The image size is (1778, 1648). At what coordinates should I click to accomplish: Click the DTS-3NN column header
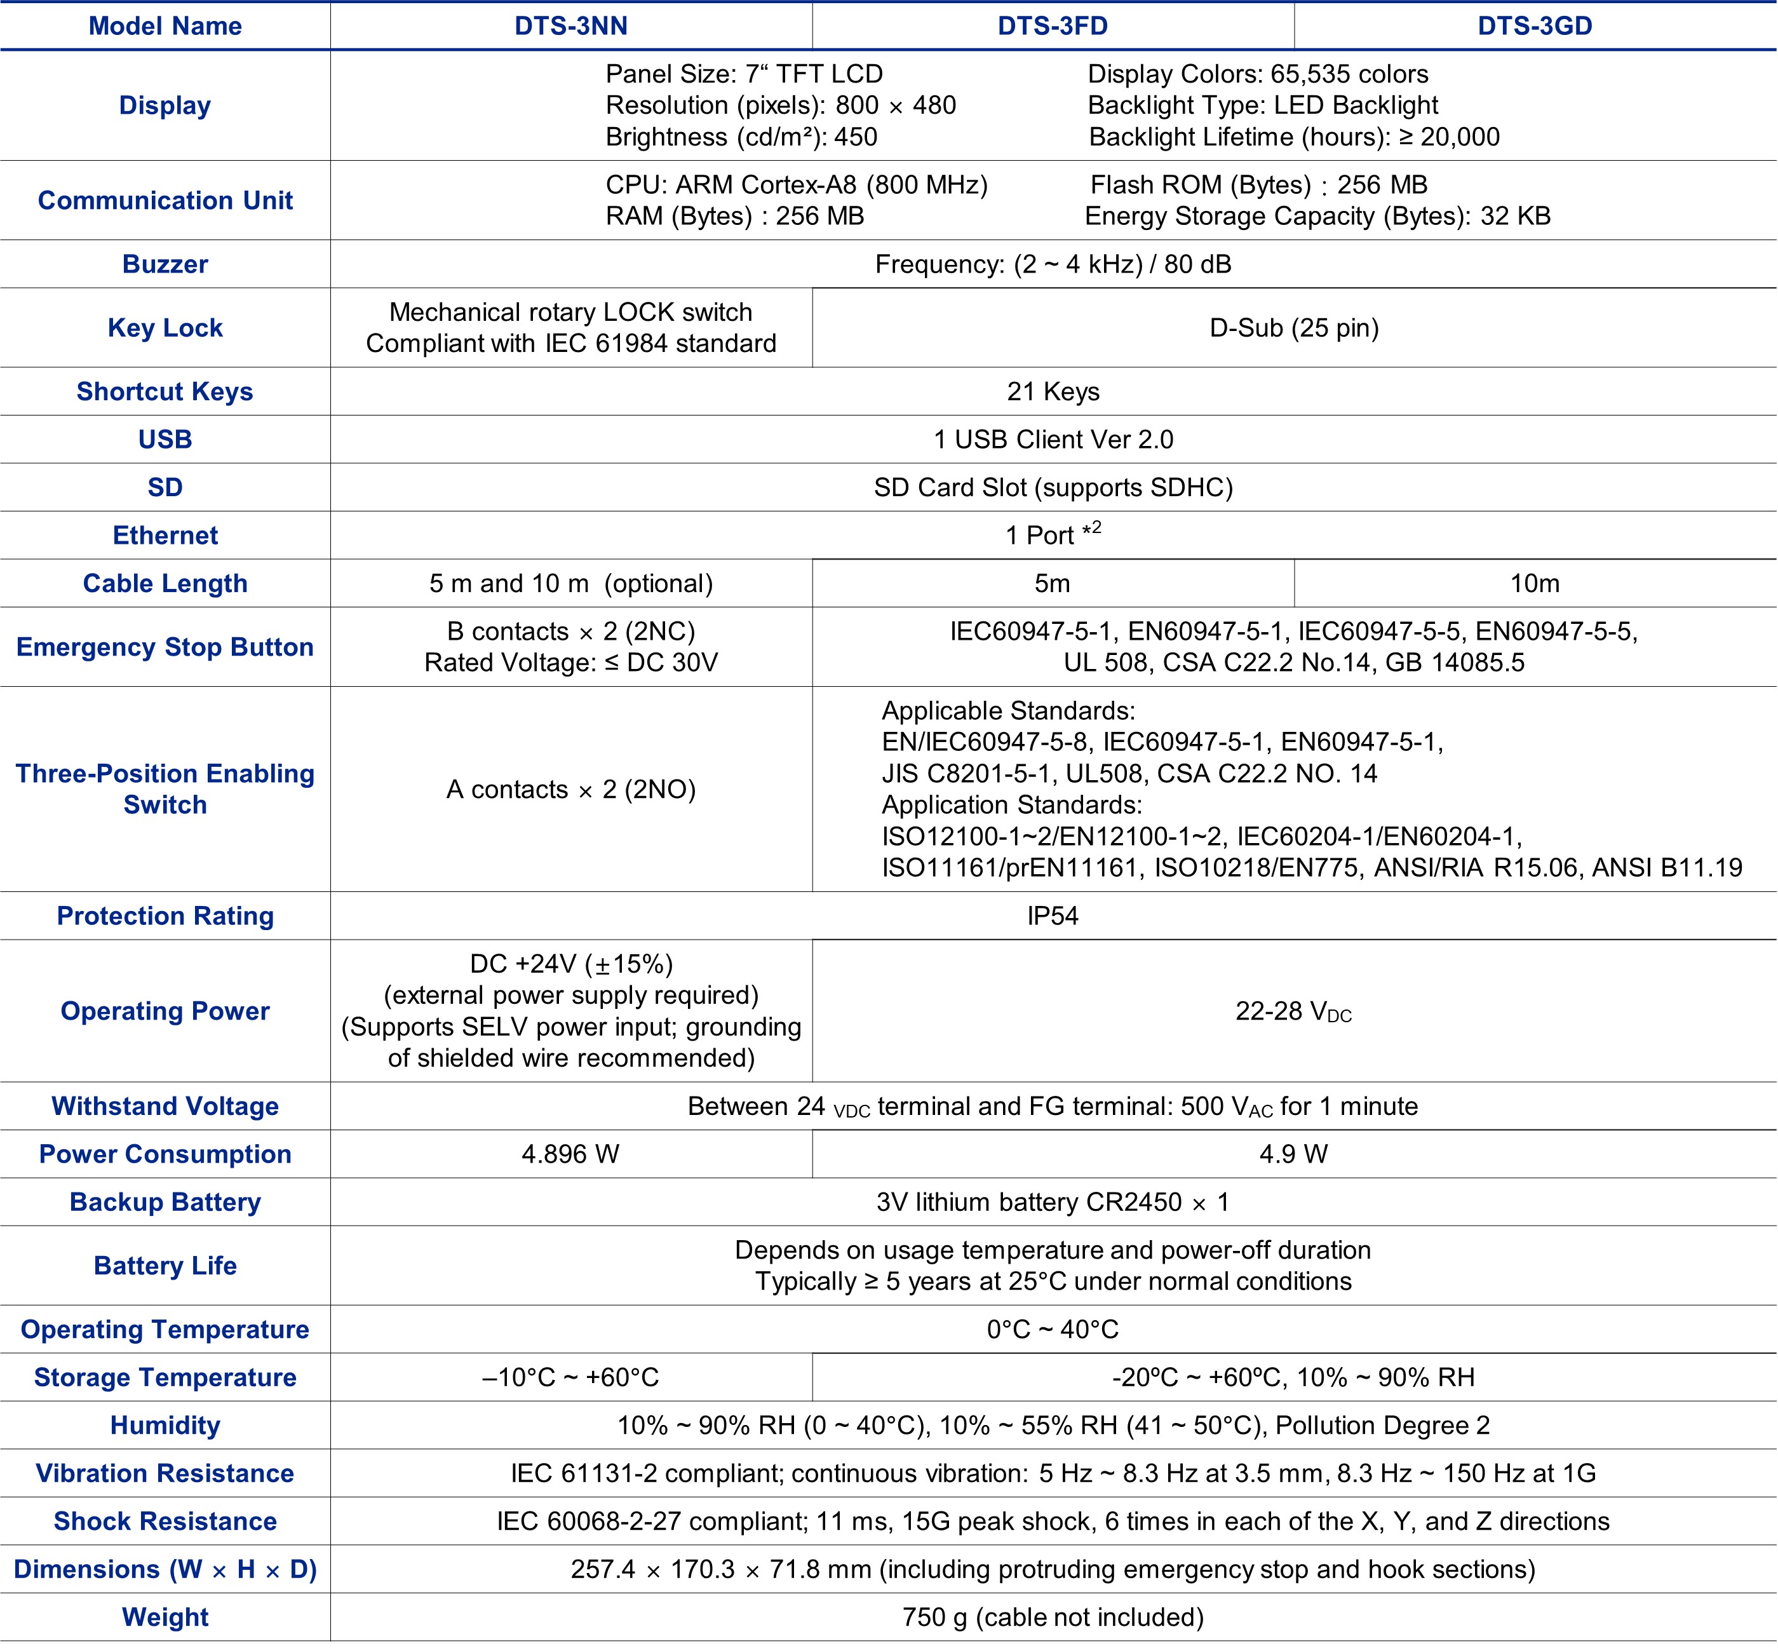point(570,26)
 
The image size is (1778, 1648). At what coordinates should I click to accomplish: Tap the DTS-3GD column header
point(1535,26)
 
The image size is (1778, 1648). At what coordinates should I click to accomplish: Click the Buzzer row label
point(165,264)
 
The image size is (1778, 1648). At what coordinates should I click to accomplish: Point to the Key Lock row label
point(165,327)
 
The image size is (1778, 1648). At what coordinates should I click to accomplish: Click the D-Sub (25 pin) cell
point(1294,327)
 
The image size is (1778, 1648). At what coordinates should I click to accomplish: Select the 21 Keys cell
point(1053,391)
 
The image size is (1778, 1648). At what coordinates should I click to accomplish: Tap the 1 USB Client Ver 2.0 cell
point(1053,440)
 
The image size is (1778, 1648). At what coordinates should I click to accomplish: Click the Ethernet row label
point(165,535)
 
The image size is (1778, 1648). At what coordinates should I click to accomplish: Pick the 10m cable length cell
point(1535,583)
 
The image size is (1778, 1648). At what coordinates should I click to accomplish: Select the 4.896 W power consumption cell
point(570,1154)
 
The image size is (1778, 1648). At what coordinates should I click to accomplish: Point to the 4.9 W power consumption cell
point(1294,1154)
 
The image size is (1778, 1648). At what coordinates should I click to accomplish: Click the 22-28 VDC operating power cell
point(1294,1011)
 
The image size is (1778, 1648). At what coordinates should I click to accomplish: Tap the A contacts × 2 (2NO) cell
point(570,789)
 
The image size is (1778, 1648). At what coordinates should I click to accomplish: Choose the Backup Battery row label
point(165,1202)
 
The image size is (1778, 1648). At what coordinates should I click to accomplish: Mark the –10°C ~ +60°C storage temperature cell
point(570,1378)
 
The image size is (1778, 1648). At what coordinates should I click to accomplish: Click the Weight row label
point(165,1618)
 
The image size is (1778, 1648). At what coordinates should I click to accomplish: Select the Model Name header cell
point(165,26)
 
